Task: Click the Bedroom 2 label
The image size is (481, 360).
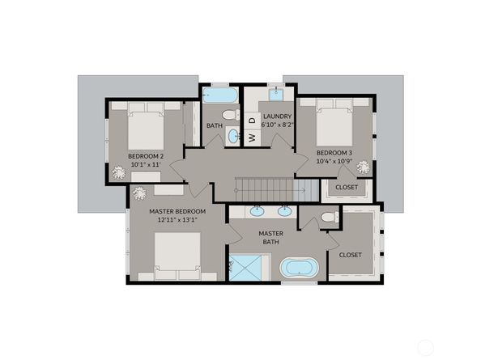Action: [x=146, y=156]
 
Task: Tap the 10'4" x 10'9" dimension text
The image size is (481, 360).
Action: [x=334, y=161]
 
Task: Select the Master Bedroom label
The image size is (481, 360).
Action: [x=177, y=211]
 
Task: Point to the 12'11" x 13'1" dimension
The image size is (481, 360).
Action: [x=177, y=220]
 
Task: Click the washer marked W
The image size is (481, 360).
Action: [x=252, y=138]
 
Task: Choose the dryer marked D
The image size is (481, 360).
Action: [x=252, y=121]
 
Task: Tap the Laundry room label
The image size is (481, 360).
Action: [x=277, y=116]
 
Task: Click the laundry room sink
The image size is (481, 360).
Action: [x=276, y=95]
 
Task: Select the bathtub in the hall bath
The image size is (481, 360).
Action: [x=220, y=95]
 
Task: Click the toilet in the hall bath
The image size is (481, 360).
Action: [x=231, y=115]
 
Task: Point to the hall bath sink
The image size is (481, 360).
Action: [x=234, y=136]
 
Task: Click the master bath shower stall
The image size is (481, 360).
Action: [x=245, y=267]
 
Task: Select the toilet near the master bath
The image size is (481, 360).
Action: [x=330, y=218]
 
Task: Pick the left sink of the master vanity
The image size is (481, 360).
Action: [x=257, y=211]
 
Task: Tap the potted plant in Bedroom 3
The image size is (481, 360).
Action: [x=364, y=167]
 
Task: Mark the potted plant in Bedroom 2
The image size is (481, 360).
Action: [x=118, y=173]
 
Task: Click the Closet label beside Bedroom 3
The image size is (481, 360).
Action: [x=347, y=187]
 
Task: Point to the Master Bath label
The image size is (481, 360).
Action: [x=271, y=238]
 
